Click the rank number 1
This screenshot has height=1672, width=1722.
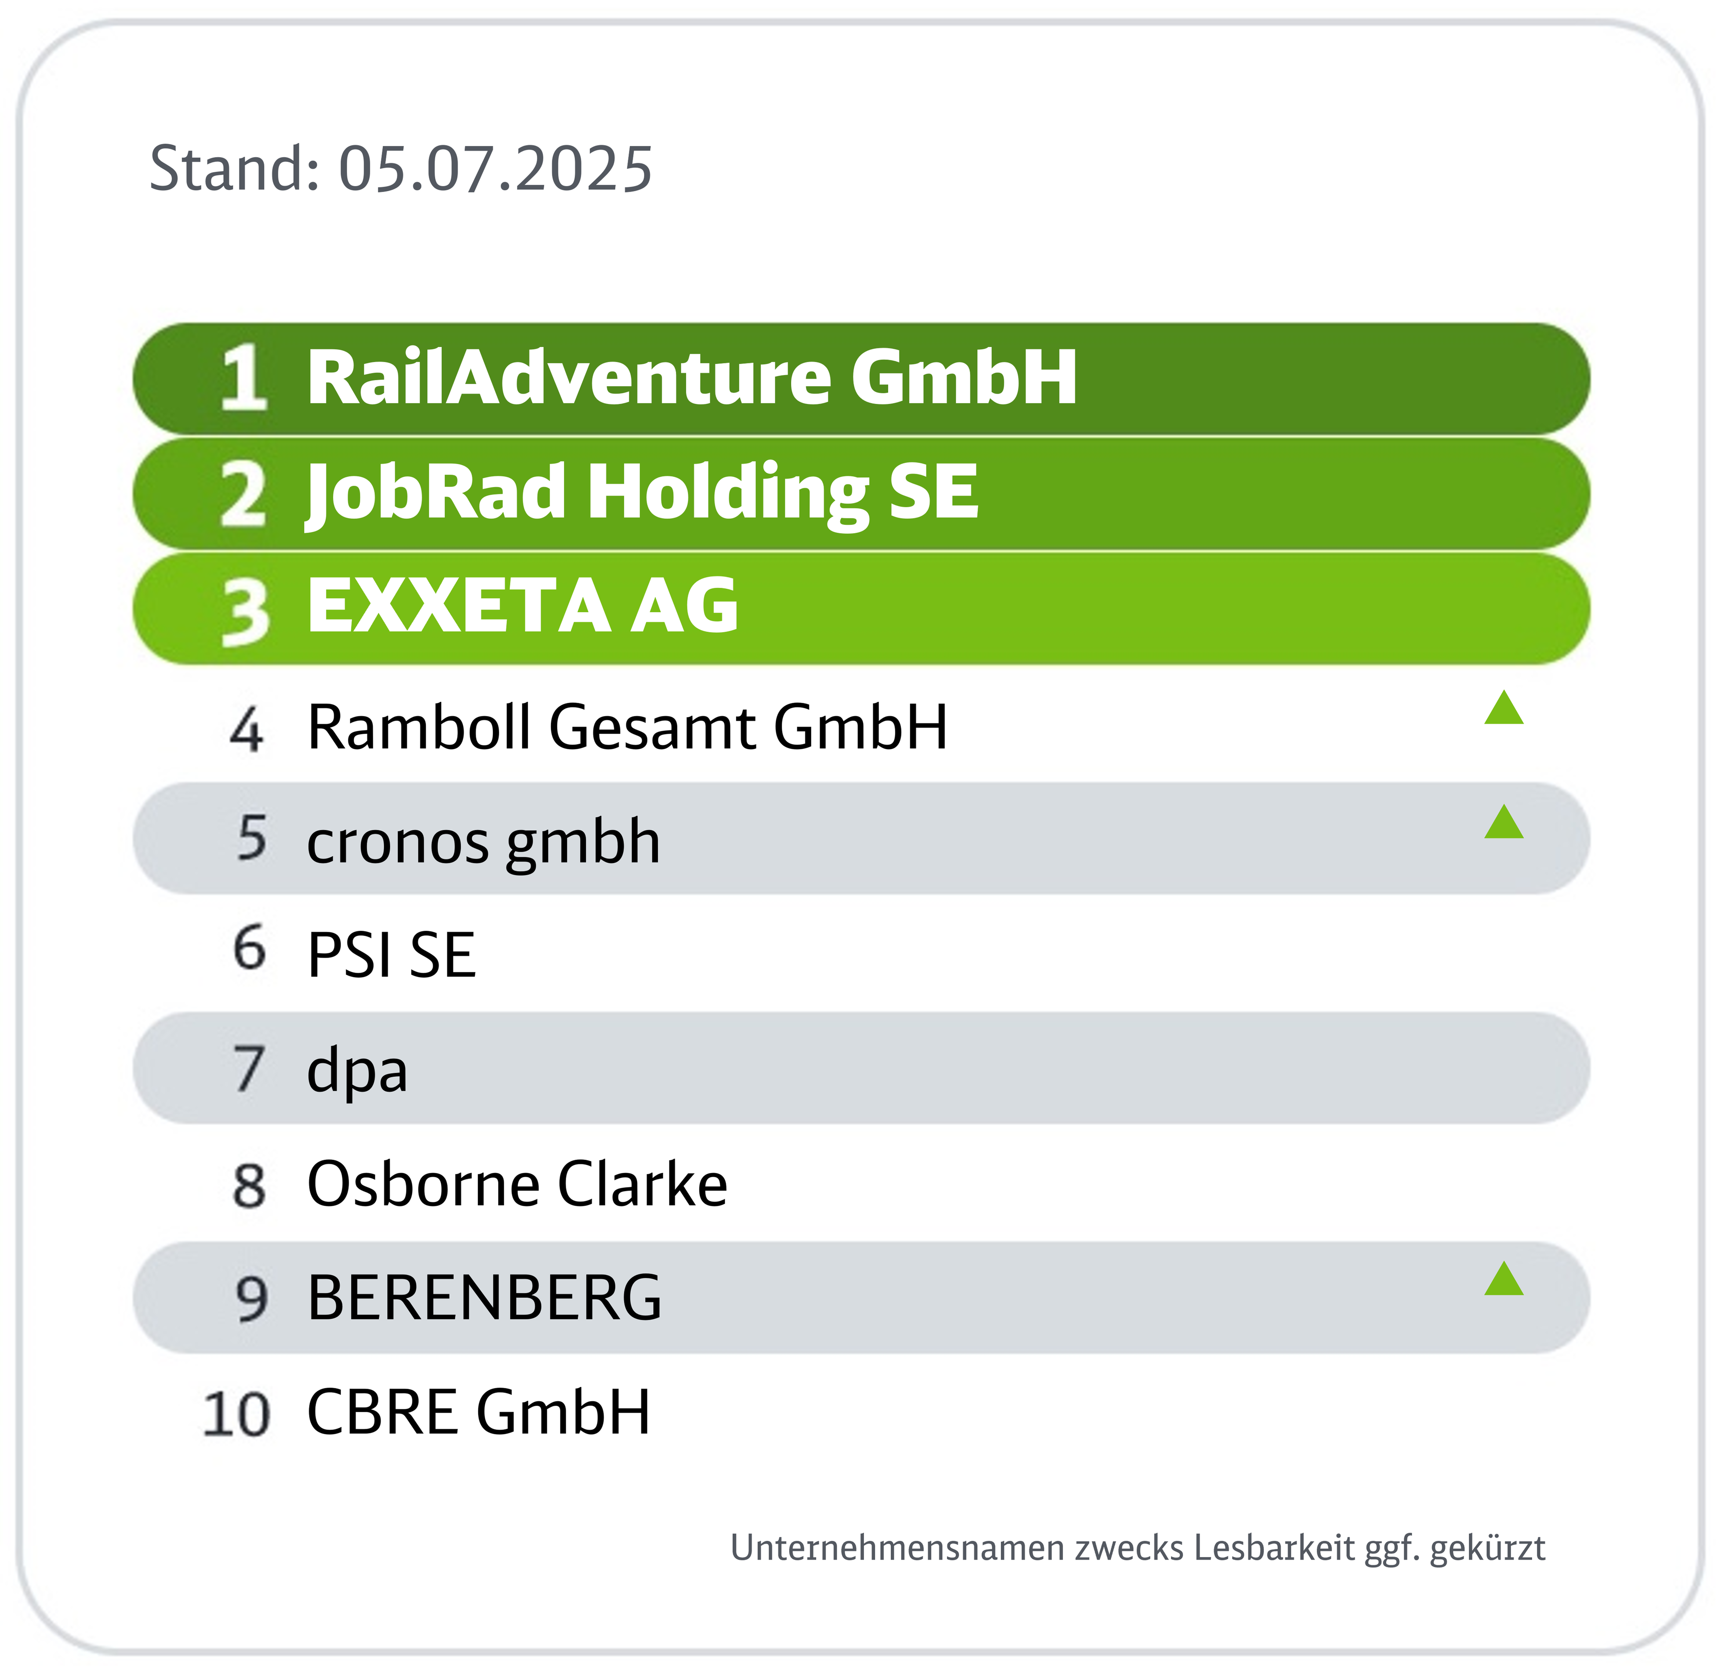pyautogui.click(x=243, y=378)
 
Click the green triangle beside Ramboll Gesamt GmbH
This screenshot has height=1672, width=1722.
pyautogui.click(x=1504, y=708)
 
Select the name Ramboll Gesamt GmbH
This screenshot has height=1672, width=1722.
pyautogui.click(x=627, y=728)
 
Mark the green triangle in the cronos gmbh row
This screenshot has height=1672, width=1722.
pyautogui.click(x=1504, y=822)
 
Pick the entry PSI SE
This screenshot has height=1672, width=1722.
pyautogui.click(x=391, y=955)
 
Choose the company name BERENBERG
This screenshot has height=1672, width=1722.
pyautogui.click(x=484, y=1298)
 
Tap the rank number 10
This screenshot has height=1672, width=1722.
pyautogui.click(x=235, y=1415)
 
